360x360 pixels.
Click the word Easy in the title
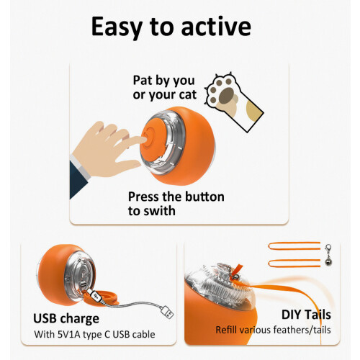pos(117,27)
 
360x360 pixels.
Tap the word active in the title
pos(216,26)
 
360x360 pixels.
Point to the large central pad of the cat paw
pos(227,96)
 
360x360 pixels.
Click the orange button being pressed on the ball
pos(151,139)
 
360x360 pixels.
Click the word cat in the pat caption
pos(188,94)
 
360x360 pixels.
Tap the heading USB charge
pos(66,319)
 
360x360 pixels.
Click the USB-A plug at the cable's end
pos(167,311)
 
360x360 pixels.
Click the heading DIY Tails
pos(306,315)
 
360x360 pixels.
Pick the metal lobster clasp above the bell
pos(328,250)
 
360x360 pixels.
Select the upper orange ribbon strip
pos(294,246)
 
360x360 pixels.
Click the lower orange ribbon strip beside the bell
pos(294,263)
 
